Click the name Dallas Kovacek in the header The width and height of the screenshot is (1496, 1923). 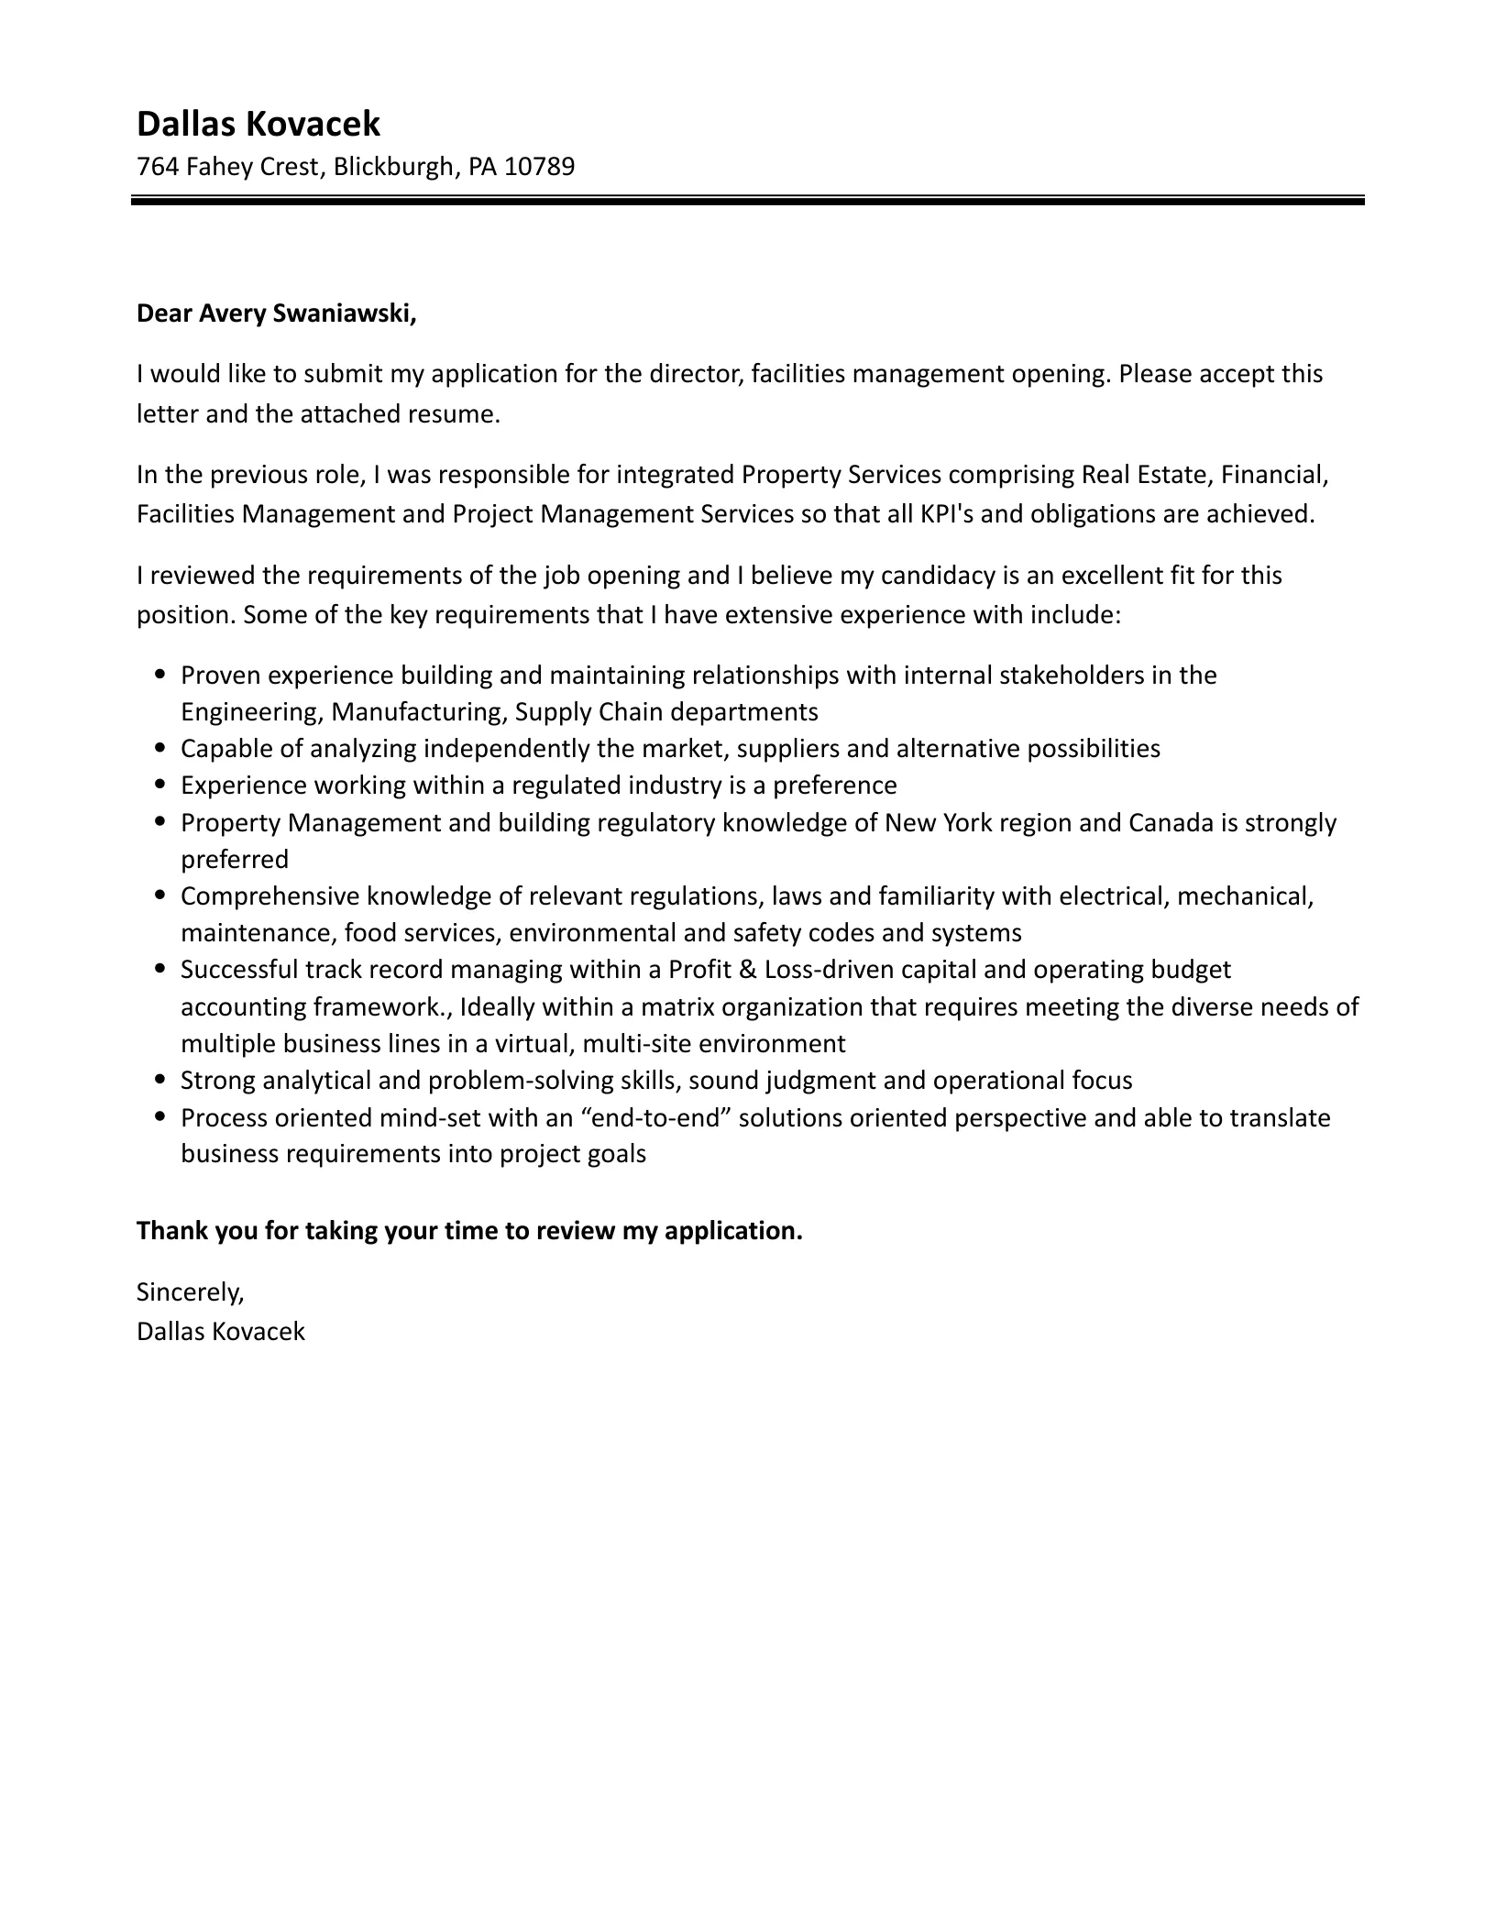click(258, 124)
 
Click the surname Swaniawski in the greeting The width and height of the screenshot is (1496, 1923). click(353, 313)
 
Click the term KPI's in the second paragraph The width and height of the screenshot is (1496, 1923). click(946, 514)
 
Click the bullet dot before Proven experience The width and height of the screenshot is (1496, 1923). click(161, 675)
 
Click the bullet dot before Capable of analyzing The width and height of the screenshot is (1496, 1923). click(161, 749)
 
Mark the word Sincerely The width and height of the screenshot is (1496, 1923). click(190, 1292)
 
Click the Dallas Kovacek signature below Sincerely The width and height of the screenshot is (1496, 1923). click(220, 1332)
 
